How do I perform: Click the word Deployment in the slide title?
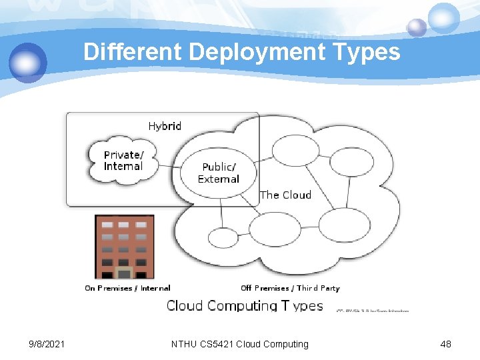tap(261, 53)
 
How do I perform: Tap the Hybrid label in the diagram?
tap(165, 126)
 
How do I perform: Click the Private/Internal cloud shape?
tap(124, 161)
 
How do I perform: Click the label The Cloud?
tap(286, 195)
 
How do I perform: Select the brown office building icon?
tap(125, 246)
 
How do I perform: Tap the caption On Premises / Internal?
tap(127, 288)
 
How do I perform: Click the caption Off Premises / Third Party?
tap(290, 288)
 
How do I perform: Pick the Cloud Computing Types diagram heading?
tap(245, 306)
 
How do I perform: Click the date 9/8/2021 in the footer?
tap(47, 344)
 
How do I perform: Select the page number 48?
tap(446, 344)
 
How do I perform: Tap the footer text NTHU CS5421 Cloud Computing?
tap(240, 344)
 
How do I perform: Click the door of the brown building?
tap(124, 273)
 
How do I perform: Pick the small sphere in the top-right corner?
tap(417, 27)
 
